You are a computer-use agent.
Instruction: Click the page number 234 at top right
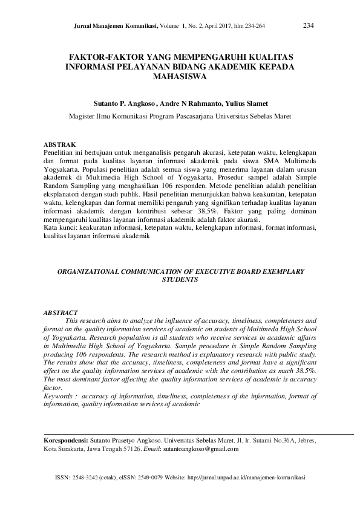pos(307,25)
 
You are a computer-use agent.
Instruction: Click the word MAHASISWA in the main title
pos(180,77)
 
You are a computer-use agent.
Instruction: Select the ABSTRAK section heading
pos(60,146)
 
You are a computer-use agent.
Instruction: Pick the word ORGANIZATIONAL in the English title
pos(90,273)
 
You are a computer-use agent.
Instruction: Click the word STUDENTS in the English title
pos(180,280)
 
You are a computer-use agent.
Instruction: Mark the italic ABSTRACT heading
pos(62,313)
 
